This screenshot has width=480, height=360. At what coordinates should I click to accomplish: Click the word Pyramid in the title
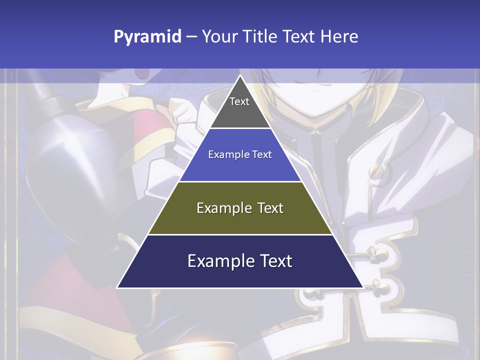[x=147, y=37]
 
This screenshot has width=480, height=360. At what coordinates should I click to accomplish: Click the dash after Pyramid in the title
[x=191, y=37]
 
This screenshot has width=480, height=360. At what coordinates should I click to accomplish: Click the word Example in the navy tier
[x=218, y=261]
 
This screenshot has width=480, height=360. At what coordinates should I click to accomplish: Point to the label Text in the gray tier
[x=239, y=101]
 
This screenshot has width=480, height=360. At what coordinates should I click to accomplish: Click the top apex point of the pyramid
[x=240, y=76]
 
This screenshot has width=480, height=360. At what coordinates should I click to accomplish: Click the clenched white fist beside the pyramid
[x=180, y=111]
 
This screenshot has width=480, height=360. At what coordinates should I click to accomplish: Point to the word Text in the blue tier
[x=262, y=154]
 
